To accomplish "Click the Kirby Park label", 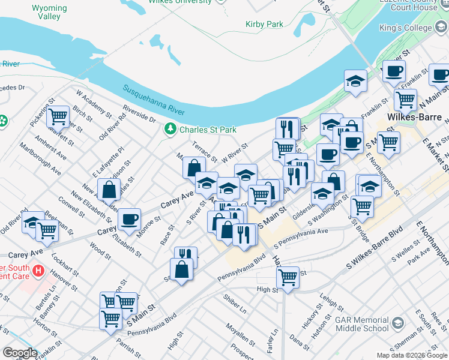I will coord(264,25).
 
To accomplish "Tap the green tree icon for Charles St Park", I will coord(170,129).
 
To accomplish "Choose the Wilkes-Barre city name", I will coord(414,116).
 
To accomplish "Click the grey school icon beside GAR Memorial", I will coord(397,325).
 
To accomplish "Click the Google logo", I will coord(20,353).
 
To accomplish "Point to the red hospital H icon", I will coord(38,271).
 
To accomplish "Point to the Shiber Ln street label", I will coord(235,307).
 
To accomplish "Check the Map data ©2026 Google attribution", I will coord(412,355).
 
